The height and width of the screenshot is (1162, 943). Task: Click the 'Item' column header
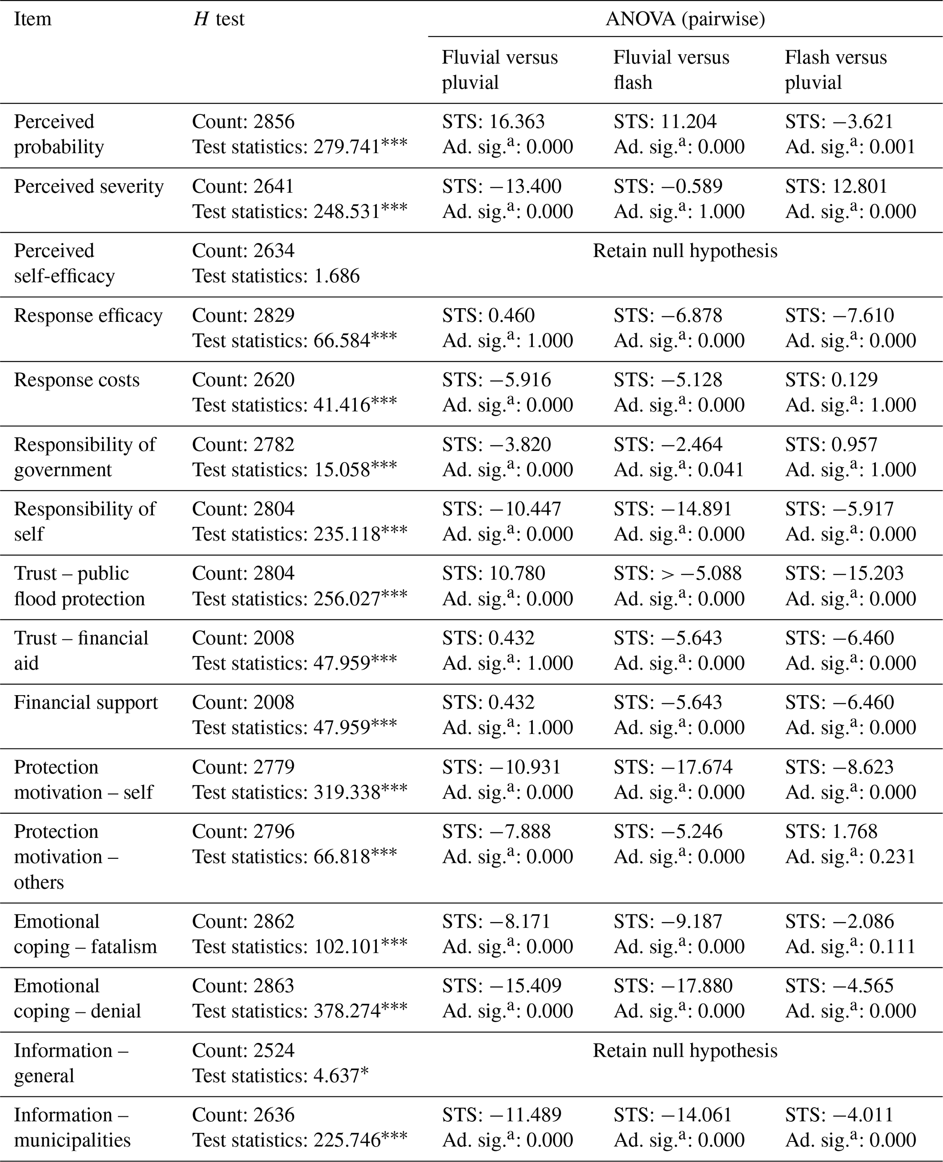point(32,19)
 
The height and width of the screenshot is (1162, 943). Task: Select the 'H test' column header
point(219,19)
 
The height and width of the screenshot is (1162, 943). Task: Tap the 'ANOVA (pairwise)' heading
point(685,19)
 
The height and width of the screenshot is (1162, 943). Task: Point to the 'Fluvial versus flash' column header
point(672,69)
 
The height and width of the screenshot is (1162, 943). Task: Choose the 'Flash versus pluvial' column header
point(835,69)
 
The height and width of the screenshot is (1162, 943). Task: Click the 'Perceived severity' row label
point(89,186)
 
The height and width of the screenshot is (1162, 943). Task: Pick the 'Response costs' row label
point(77,380)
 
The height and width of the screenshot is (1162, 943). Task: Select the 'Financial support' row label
point(86,702)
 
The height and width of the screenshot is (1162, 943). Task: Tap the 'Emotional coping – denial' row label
point(77,998)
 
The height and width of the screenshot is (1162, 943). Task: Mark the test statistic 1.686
point(337,276)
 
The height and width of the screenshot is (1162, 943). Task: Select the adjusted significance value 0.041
point(721,470)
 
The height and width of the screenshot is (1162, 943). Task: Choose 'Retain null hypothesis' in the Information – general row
point(685,1050)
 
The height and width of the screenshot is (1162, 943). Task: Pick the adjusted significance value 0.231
point(893,857)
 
